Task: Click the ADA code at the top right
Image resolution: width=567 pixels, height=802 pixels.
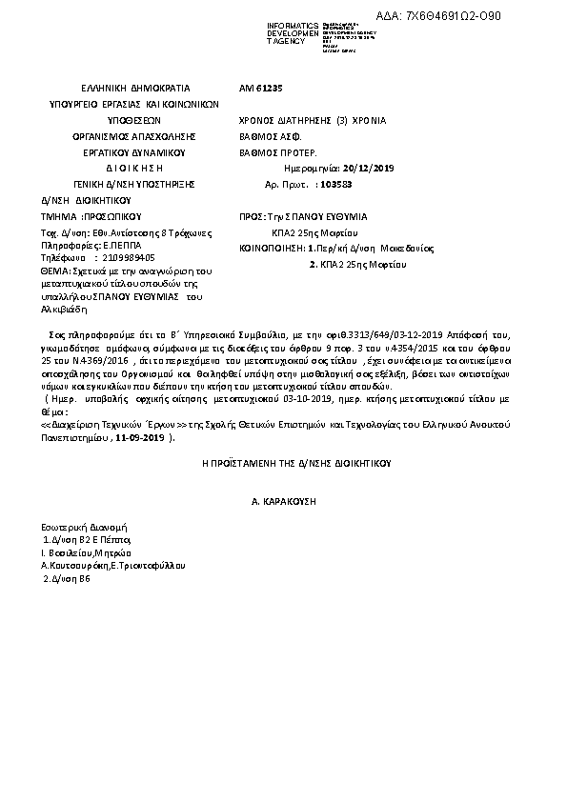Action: point(486,16)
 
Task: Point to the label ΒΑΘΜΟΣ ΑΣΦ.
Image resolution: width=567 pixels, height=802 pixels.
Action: point(273,136)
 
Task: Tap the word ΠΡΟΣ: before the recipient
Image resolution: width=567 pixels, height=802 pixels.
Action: point(256,216)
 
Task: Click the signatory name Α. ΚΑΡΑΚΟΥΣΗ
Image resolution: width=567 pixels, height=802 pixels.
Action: point(283,500)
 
